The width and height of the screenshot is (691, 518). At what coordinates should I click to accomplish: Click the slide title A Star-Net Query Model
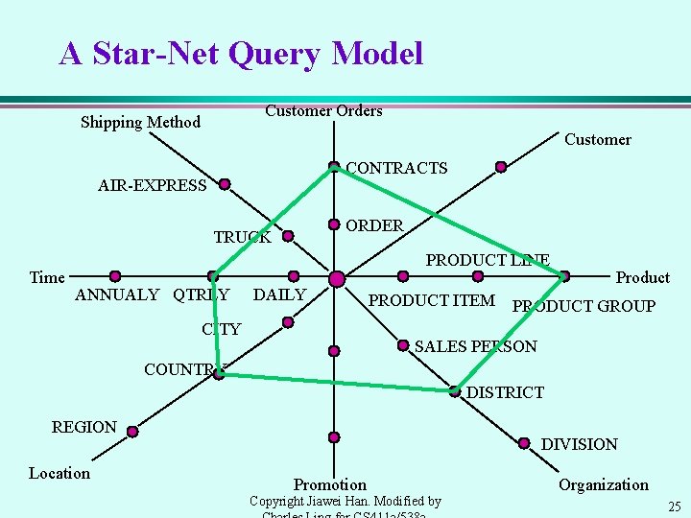(241, 54)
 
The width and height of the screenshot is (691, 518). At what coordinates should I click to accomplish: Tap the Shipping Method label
(140, 122)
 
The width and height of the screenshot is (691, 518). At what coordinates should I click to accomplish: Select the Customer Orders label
(323, 111)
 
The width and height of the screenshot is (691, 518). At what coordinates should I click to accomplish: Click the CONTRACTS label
(396, 169)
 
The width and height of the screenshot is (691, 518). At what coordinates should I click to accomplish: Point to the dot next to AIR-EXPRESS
(225, 184)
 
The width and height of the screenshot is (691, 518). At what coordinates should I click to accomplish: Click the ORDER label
(374, 225)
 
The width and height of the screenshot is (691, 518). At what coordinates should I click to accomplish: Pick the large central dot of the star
(337, 279)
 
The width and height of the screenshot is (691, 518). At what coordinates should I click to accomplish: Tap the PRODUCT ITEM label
(432, 301)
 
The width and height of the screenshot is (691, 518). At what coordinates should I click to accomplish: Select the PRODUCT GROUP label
(584, 307)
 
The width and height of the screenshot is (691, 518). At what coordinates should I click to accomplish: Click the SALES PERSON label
(475, 346)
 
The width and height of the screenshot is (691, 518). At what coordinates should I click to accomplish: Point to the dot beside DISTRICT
(455, 391)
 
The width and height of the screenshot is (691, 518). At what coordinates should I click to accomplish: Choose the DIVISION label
(579, 444)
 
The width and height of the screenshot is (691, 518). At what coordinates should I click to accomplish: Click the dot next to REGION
(132, 432)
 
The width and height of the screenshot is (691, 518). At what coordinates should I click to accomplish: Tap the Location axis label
(60, 473)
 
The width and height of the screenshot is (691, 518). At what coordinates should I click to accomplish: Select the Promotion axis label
(330, 484)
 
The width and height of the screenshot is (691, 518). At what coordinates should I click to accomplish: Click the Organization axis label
(604, 484)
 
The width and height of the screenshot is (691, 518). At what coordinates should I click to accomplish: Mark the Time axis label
(47, 278)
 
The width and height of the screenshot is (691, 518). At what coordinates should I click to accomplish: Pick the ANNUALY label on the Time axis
(117, 295)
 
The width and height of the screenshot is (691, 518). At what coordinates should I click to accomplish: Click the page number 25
(674, 506)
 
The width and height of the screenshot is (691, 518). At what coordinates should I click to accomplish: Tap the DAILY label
(279, 295)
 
